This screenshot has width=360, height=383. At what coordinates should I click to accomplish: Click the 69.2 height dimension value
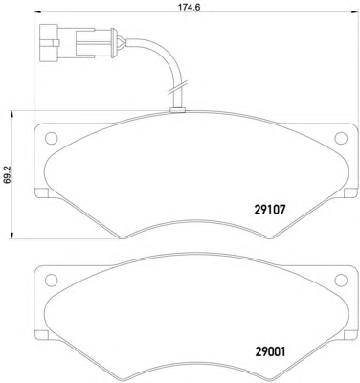coord(7,176)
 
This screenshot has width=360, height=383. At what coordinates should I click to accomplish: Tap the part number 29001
coord(270,352)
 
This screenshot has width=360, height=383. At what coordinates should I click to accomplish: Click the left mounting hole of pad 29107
coord(51,138)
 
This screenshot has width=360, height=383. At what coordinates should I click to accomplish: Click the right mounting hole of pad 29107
coord(341,138)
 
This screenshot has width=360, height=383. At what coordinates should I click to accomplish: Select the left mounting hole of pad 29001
coord(51,280)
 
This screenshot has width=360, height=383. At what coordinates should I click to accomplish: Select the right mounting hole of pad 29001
coord(341,280)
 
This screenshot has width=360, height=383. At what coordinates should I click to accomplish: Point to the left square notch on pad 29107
coord(41,193)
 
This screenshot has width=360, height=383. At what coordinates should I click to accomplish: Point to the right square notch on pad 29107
coord(350,193)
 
